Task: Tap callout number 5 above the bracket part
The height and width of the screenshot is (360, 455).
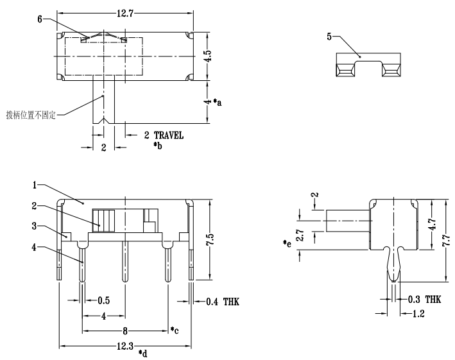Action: [x=330, y=37]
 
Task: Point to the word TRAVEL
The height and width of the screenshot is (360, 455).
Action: [x=168, y=135]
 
